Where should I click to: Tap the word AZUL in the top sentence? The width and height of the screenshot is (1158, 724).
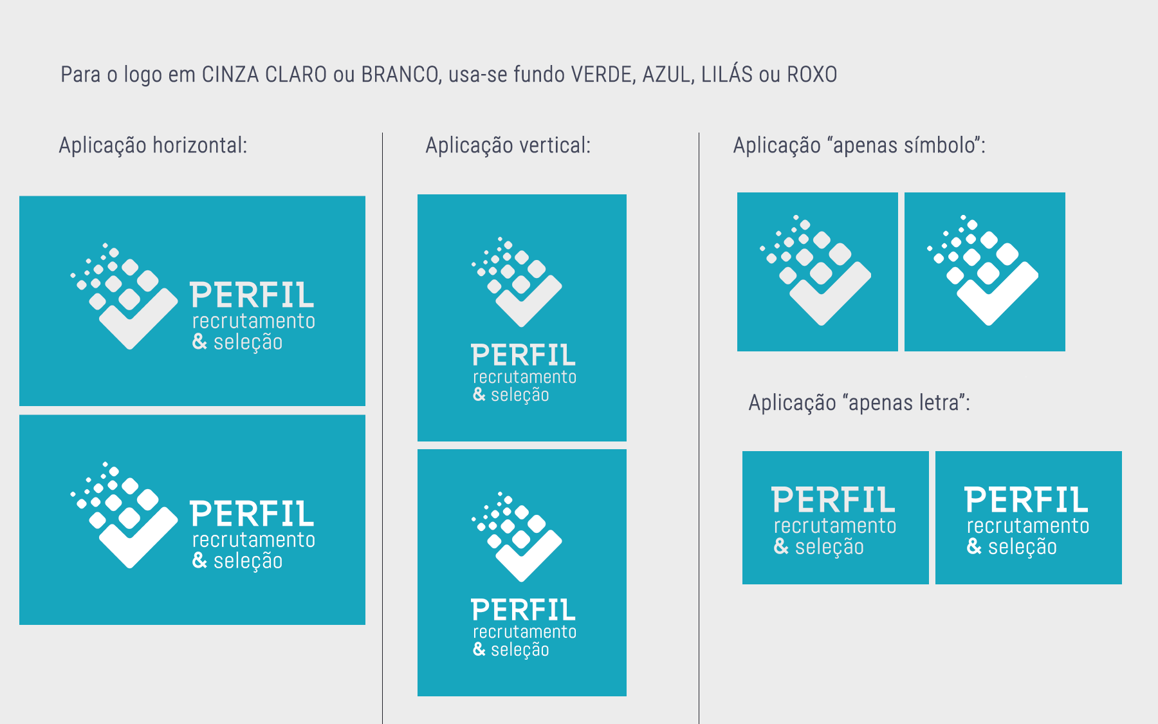click(667, 75)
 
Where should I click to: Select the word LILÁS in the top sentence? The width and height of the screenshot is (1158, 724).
click(726, 75)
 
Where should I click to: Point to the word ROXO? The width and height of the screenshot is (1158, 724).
click(812, 75)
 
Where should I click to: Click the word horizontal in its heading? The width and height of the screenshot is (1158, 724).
click(199, 145)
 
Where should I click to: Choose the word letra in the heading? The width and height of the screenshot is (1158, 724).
click(939, 403)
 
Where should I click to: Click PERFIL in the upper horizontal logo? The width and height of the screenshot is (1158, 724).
click(252, 296)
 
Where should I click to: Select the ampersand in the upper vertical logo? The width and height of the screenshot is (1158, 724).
click(479, 394)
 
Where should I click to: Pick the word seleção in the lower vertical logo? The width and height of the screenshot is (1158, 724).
click(520, 650)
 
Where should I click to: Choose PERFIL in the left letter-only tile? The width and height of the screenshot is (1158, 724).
click(834, 500)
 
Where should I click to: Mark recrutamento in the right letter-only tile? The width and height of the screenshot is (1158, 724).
click(1028, 526)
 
